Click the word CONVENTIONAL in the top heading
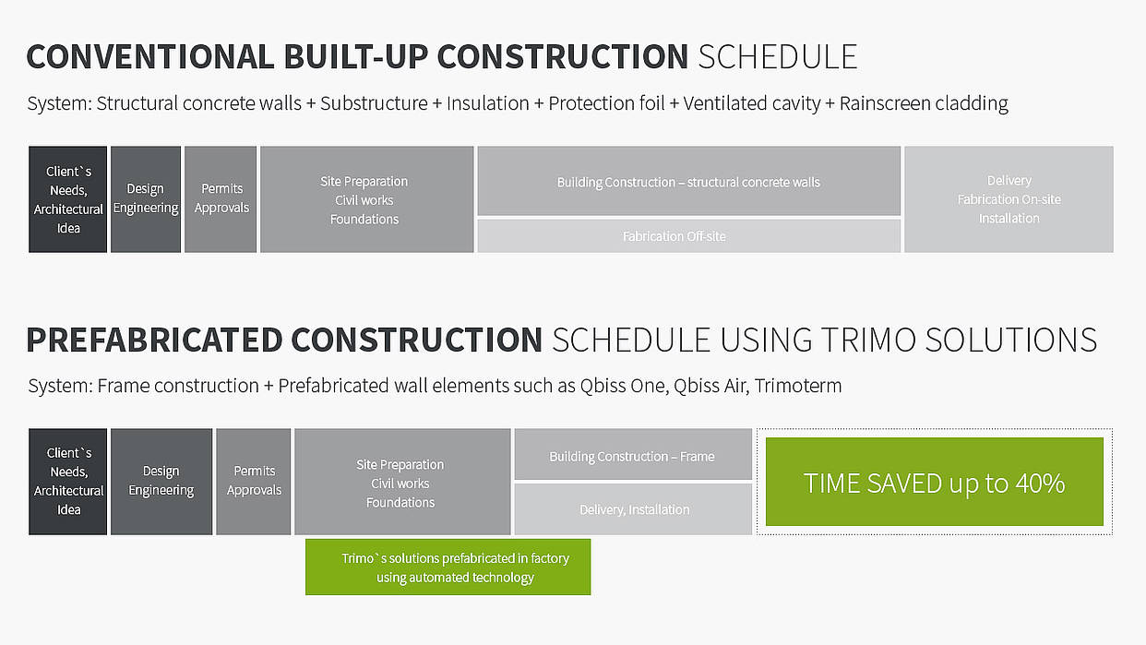coord(150,56)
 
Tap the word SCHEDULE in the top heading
coord(778,56)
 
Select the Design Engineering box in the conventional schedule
coord(146,199)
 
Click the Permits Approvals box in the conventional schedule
coord(221,199)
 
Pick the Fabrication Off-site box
coord(689,236)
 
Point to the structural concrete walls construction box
coord(689,181)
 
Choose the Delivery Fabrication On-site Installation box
coord(1009,199)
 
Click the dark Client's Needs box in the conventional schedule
coord(68,199)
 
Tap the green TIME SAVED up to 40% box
coord(934,482)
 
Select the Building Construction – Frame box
coord(633,454)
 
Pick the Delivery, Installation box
coord(633,509)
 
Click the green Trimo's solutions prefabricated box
coord(448,567)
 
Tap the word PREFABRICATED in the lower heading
coord(154,340)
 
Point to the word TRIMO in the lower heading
coord(868,340)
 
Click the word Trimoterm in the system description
coord(798,386)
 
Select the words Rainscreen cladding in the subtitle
coord(924,103)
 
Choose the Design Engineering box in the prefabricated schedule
coord(161,482)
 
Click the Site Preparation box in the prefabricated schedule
coord(402,482)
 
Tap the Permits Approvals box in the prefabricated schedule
coord(254,482)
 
